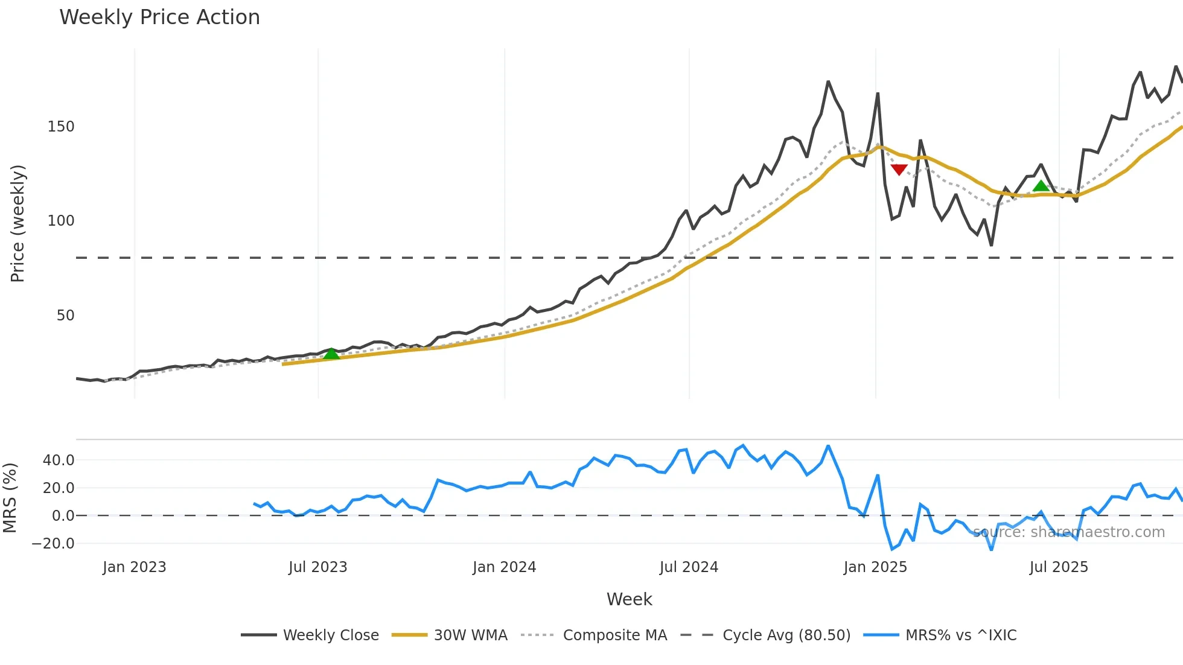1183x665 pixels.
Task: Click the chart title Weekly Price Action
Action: tap(159, 17)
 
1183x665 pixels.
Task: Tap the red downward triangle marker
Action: tap(899, 170)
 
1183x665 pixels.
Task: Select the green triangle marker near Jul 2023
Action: tap(331, 354)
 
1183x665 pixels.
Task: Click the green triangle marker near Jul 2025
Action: tap(1041, 186)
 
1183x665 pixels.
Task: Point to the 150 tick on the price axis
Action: tap(61, 127)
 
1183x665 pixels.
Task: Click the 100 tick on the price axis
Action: tap(61, 221)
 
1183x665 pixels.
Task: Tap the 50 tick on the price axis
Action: tap(65, 316)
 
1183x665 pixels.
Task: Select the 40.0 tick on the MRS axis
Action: tap(59, 460)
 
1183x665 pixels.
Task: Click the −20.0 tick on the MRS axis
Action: tap(53, 544)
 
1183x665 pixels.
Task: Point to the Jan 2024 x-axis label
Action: tap(504, 567)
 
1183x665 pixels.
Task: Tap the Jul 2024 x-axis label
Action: tap(689, 567)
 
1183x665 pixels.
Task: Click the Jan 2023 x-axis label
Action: tap(134, 567)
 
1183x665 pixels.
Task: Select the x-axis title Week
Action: tap(629, 599)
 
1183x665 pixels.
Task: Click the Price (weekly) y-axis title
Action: tap(18, 223)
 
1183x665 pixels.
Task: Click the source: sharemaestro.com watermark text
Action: tap(1068, 532)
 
